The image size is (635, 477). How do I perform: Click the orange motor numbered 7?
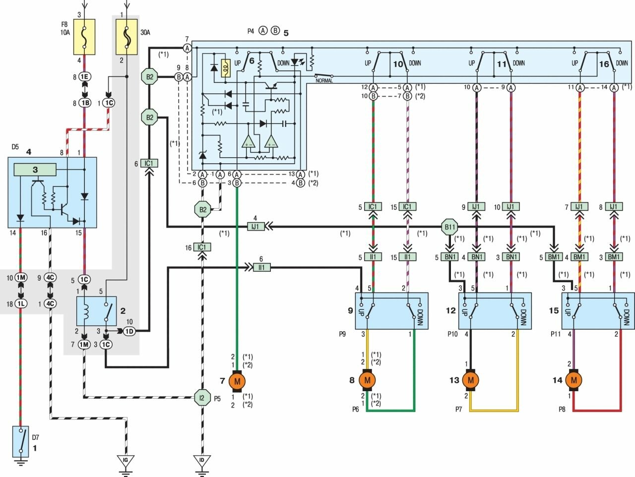point(237,381)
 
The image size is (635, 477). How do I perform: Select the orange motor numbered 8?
point(368,380)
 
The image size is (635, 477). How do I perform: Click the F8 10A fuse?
point(84,37)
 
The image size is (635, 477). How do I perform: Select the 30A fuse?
point(127,37)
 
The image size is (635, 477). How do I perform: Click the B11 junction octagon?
point(449,228)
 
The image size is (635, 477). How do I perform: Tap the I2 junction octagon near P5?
point(202,397)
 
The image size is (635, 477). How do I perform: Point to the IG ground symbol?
point(126,461)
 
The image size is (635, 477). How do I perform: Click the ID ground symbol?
point(202,461)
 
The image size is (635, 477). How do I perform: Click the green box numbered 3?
point(35,170)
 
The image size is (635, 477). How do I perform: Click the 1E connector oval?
point(84,77)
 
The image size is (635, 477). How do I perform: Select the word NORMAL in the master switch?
point(324,80)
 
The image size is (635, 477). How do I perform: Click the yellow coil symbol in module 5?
point(226,68)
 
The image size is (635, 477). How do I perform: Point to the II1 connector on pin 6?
point(261,268)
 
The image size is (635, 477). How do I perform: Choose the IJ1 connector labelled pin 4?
point(255,227)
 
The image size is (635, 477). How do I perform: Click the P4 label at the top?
point(251,31)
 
